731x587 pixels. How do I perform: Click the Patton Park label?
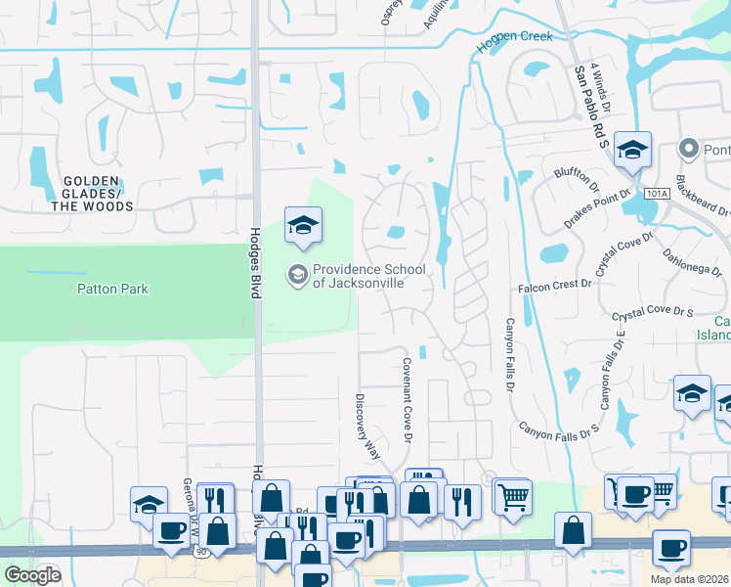click(x=113, y=289)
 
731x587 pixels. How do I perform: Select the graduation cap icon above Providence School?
click(x=303, y=227)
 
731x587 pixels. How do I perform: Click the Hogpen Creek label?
click(x=514, y=38)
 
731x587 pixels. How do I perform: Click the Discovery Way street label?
click(x=373, y=422)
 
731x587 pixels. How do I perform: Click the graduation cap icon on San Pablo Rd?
click(x=633, y=150)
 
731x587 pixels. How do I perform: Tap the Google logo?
click(x=32, y=574)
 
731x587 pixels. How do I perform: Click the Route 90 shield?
click(x=200, y=553)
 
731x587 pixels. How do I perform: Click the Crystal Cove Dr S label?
click(x=652, y=313)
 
